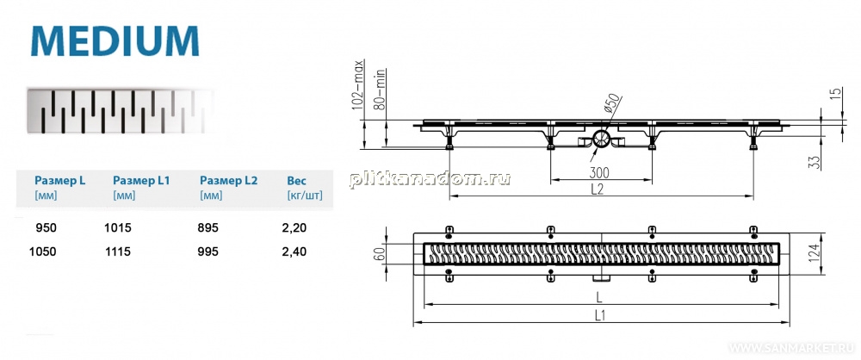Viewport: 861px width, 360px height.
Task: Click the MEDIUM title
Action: click(115, 40)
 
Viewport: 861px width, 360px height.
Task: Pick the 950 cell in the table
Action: click(46, 227)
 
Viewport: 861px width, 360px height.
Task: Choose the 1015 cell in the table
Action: click(117, 227)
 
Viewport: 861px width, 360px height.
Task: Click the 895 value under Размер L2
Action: click(209, 227)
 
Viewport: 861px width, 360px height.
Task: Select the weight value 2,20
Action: click(296, 227)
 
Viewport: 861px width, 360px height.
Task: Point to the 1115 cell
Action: click(117, 251)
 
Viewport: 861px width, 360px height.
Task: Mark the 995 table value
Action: click(209, 251)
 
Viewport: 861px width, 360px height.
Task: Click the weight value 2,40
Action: click(296, 251)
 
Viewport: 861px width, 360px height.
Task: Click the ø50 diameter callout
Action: click(612, 104)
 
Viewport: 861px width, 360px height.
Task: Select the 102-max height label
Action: click(360, 85)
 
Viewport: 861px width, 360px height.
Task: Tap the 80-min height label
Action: click(380, 90)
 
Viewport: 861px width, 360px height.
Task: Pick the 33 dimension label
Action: click(816, 162)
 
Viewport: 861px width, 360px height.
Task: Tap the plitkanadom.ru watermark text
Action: click(430, 178)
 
